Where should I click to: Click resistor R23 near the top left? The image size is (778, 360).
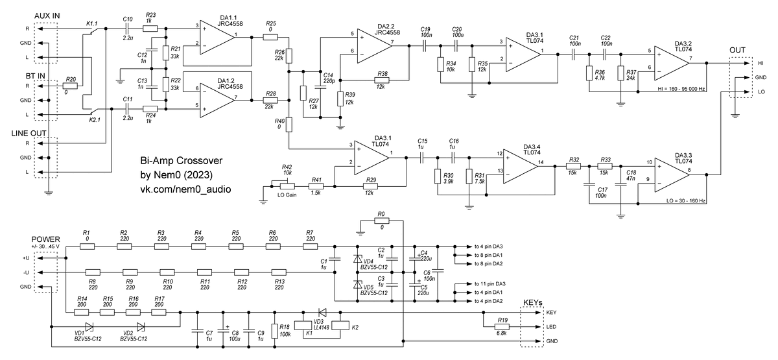click(x=150, y=28)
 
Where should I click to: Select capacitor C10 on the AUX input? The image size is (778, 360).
click(x=128, y=28)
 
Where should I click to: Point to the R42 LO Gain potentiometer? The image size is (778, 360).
click(x=286, y=186)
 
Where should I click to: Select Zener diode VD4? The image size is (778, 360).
click(x=357, y=259)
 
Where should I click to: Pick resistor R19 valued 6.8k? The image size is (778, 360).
click(x=503, y=326)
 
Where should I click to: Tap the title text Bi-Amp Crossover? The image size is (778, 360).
click(x=182, y=161)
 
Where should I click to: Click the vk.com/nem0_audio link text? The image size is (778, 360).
click(x=186, y=189)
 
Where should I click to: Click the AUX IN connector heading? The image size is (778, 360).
click(x=43, y=16)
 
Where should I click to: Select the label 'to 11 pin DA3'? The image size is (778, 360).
click(x=489, y=284)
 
